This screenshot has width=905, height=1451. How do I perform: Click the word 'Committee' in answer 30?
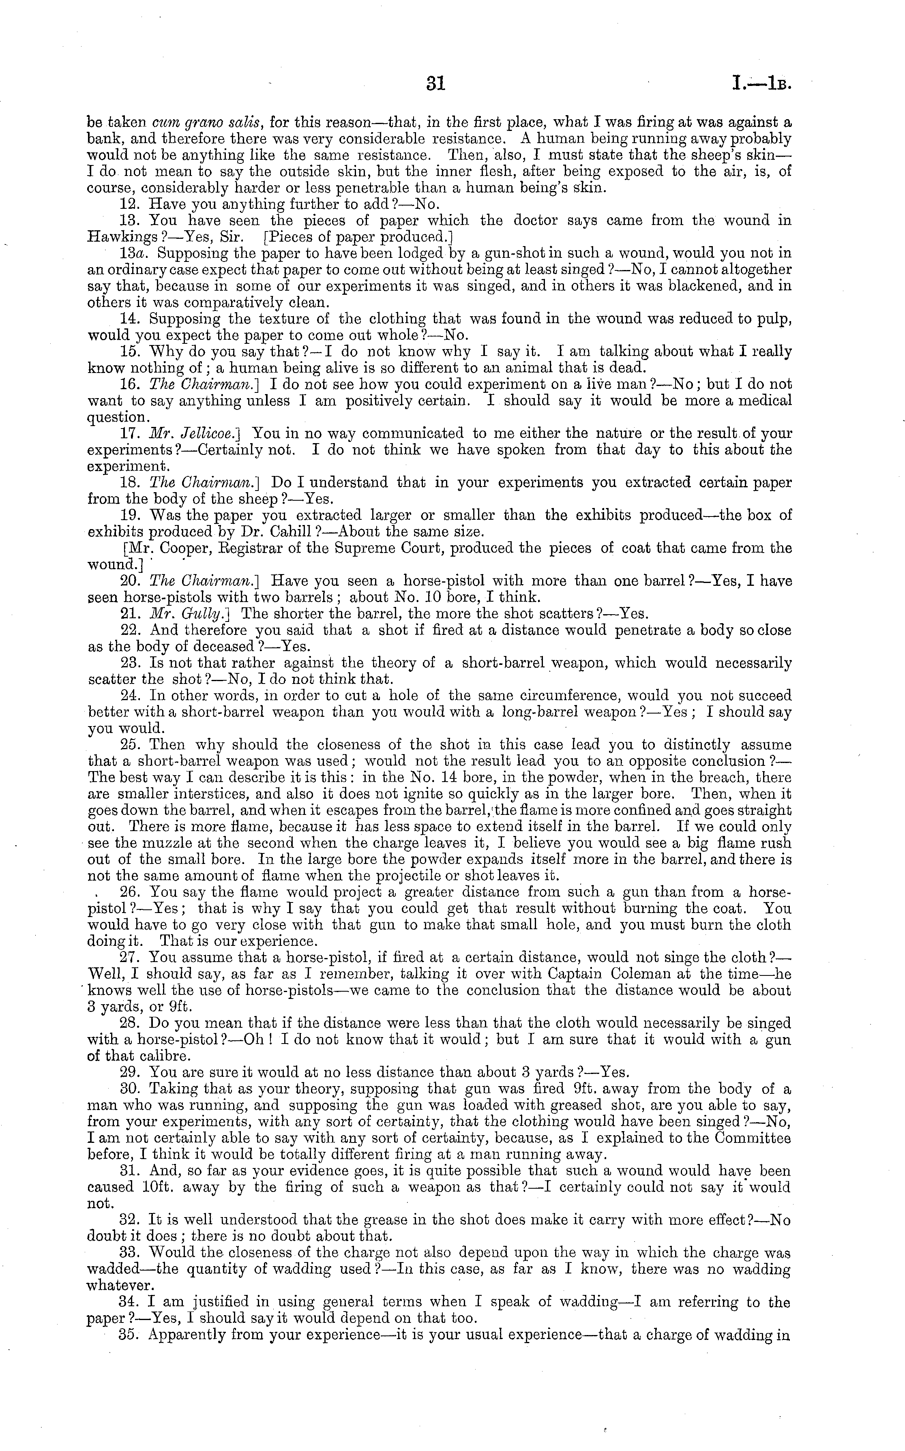click(x=754, y=1138)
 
